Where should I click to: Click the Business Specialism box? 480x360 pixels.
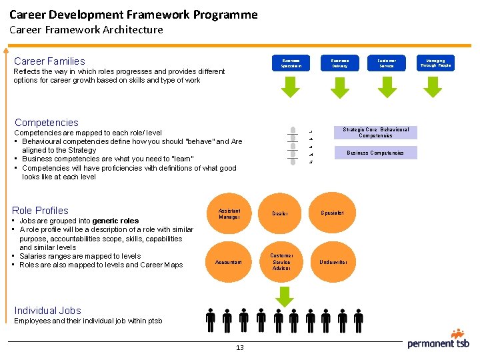(291, 63)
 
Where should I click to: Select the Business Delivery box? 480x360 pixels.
(340, 63)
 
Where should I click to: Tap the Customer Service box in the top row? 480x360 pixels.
(387, 63)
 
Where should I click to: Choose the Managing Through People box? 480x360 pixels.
(435, 63)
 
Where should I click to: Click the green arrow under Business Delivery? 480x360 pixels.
(339, 87)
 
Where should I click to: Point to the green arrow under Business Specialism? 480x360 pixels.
(291, 87)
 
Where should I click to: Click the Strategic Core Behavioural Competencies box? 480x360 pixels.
(375, 133)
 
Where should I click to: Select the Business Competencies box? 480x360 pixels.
(375, 153)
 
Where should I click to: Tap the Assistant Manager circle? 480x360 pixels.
(229, 213)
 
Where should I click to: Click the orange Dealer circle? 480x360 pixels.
(281, 213)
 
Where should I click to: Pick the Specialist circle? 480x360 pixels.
(333, 213)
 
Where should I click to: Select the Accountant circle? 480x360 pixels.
(229, 262)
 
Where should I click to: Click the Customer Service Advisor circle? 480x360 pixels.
(281, 262)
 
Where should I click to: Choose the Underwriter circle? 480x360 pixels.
(333, 262)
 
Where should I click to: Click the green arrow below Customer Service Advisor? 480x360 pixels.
(285, 295)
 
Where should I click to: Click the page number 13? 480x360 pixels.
(239, 348)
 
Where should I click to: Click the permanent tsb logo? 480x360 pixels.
(439, 339)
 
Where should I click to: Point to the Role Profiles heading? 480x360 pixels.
(41, 211)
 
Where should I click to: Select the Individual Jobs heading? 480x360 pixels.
(47, 311)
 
